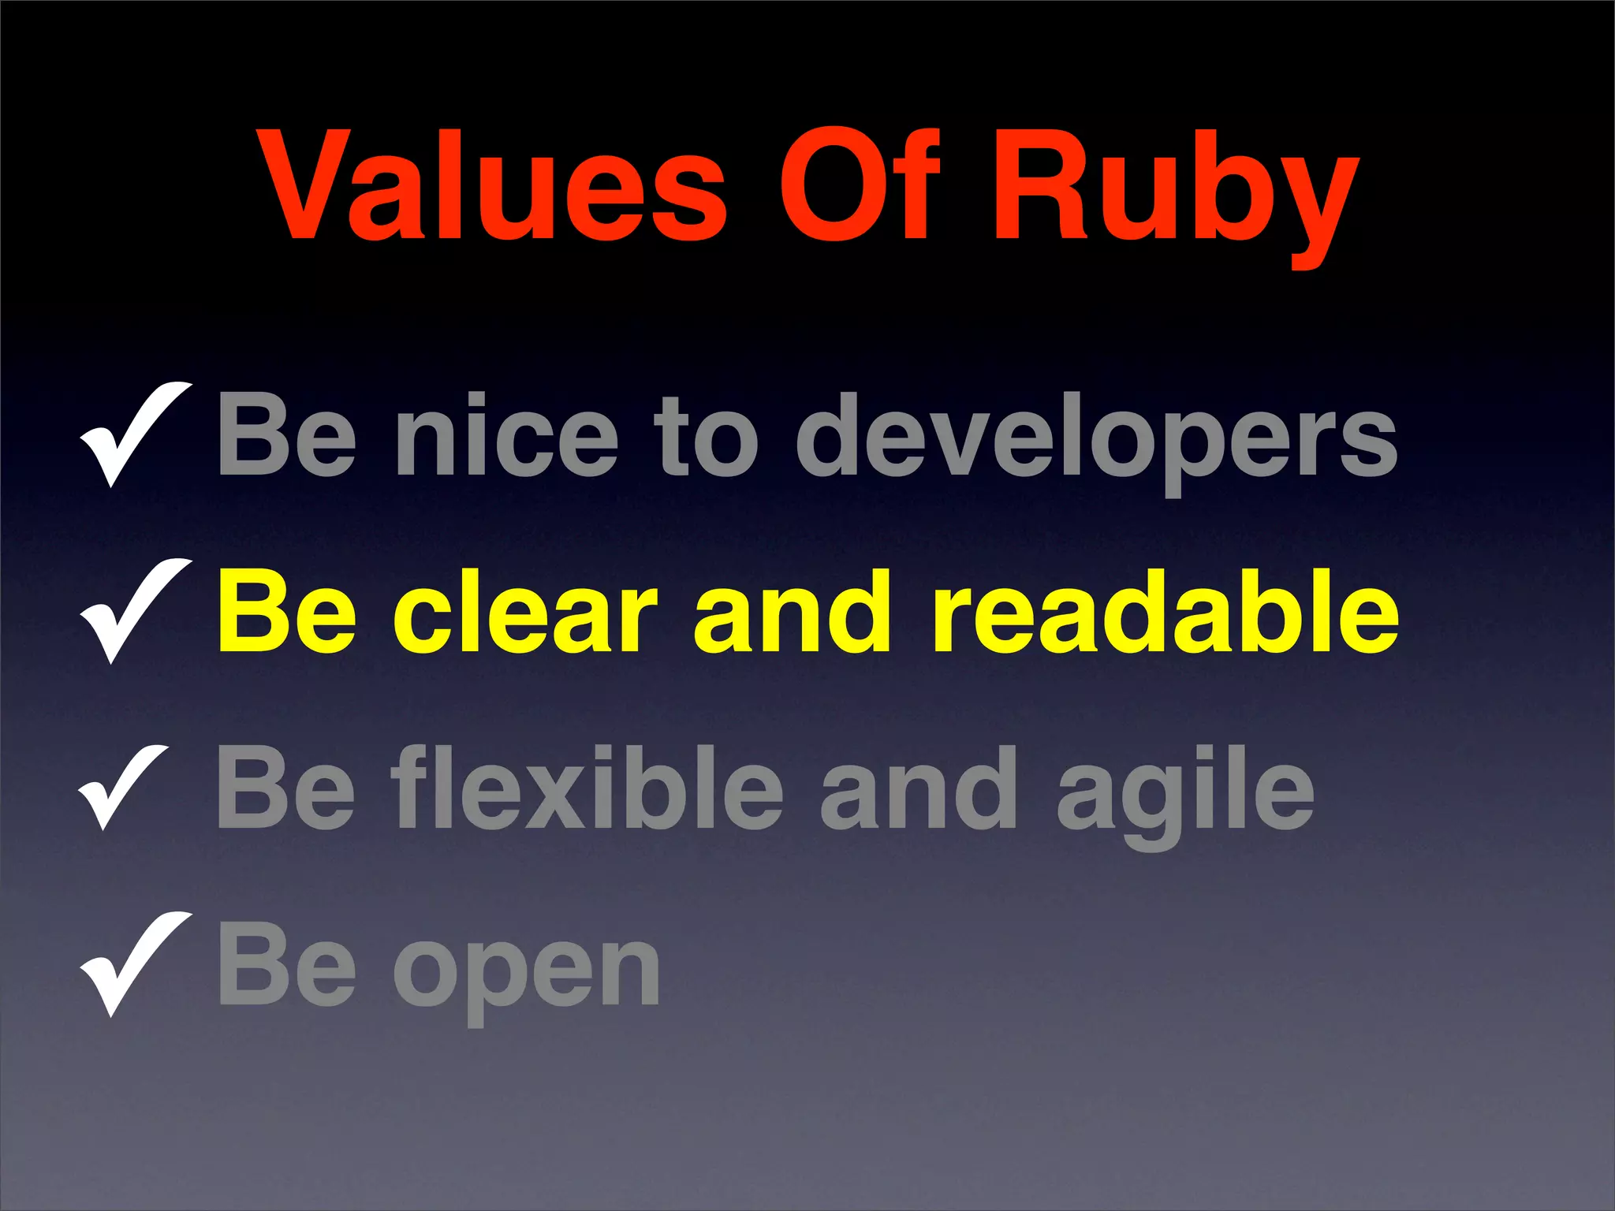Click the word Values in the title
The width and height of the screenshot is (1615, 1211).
tap(495, 186)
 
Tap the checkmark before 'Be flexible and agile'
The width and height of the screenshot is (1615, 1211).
tap(125, 786)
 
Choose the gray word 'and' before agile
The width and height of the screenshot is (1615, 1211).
tap(919, 788)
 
